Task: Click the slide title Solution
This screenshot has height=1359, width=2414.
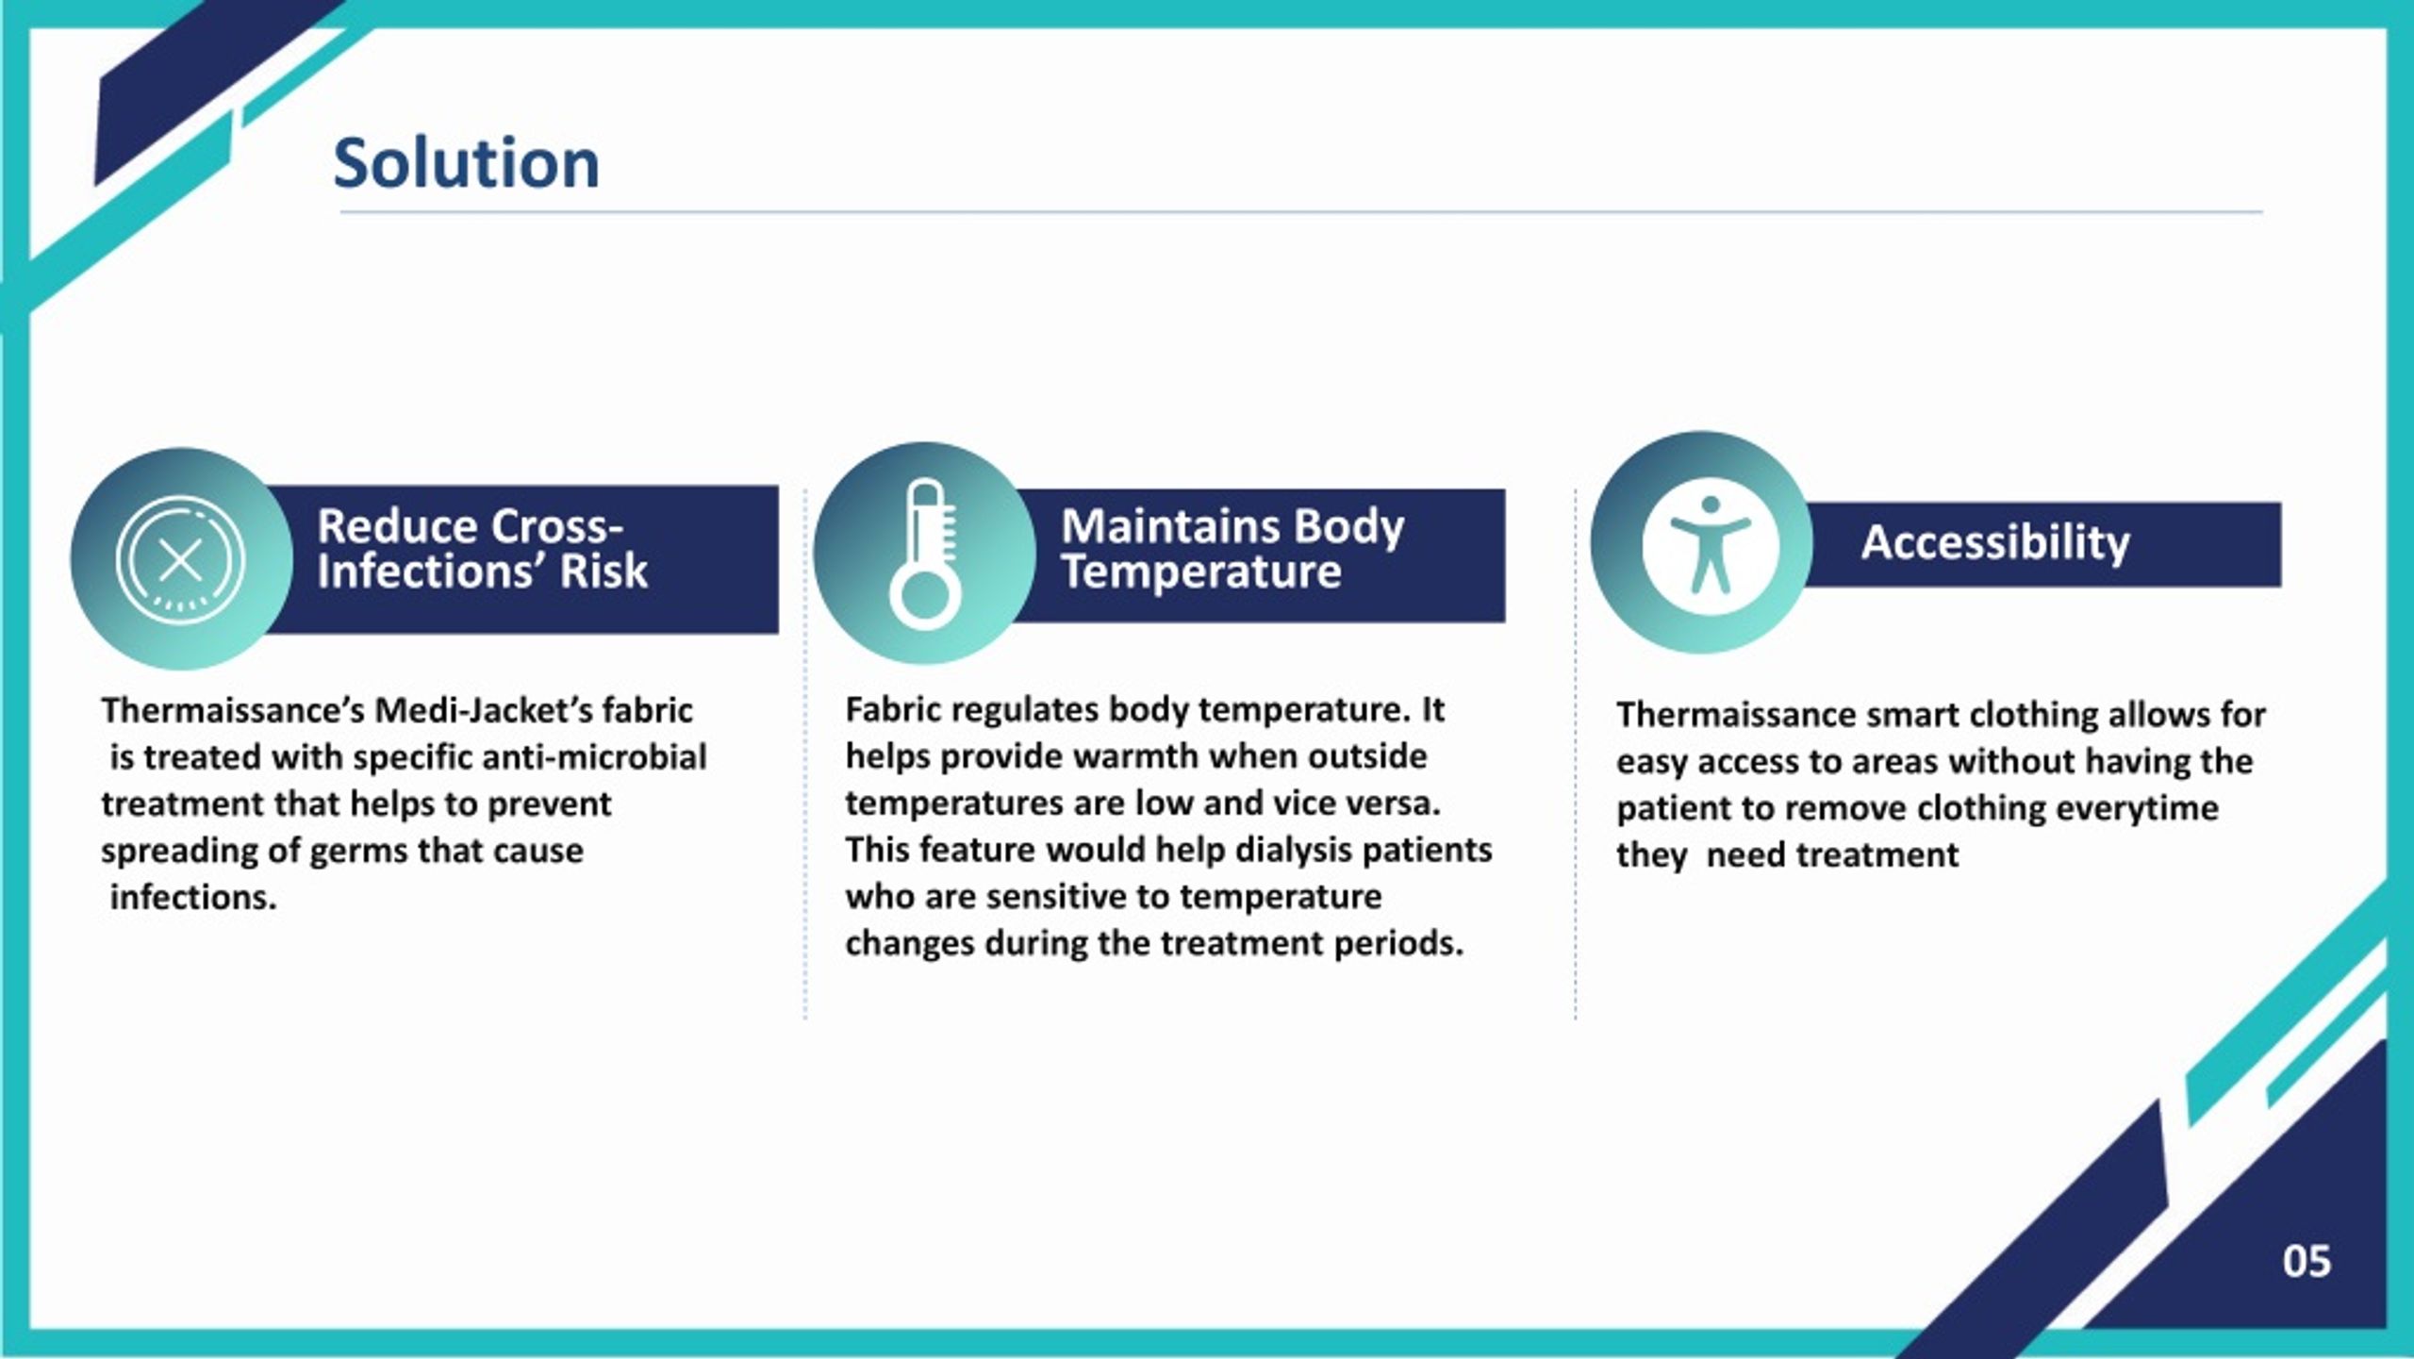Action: point(466,163)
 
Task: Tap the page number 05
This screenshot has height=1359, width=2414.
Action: point(2307,1261)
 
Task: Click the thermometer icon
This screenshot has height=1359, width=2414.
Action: point(925,554)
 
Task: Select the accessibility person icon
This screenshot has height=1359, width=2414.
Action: point(1711,545)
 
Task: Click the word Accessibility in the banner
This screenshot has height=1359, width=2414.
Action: point(1995,543)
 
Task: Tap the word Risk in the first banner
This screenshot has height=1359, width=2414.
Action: point(603,571)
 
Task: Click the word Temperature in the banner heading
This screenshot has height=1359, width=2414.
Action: point(1200,572)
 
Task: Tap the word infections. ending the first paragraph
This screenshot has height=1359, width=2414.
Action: point(193,897)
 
